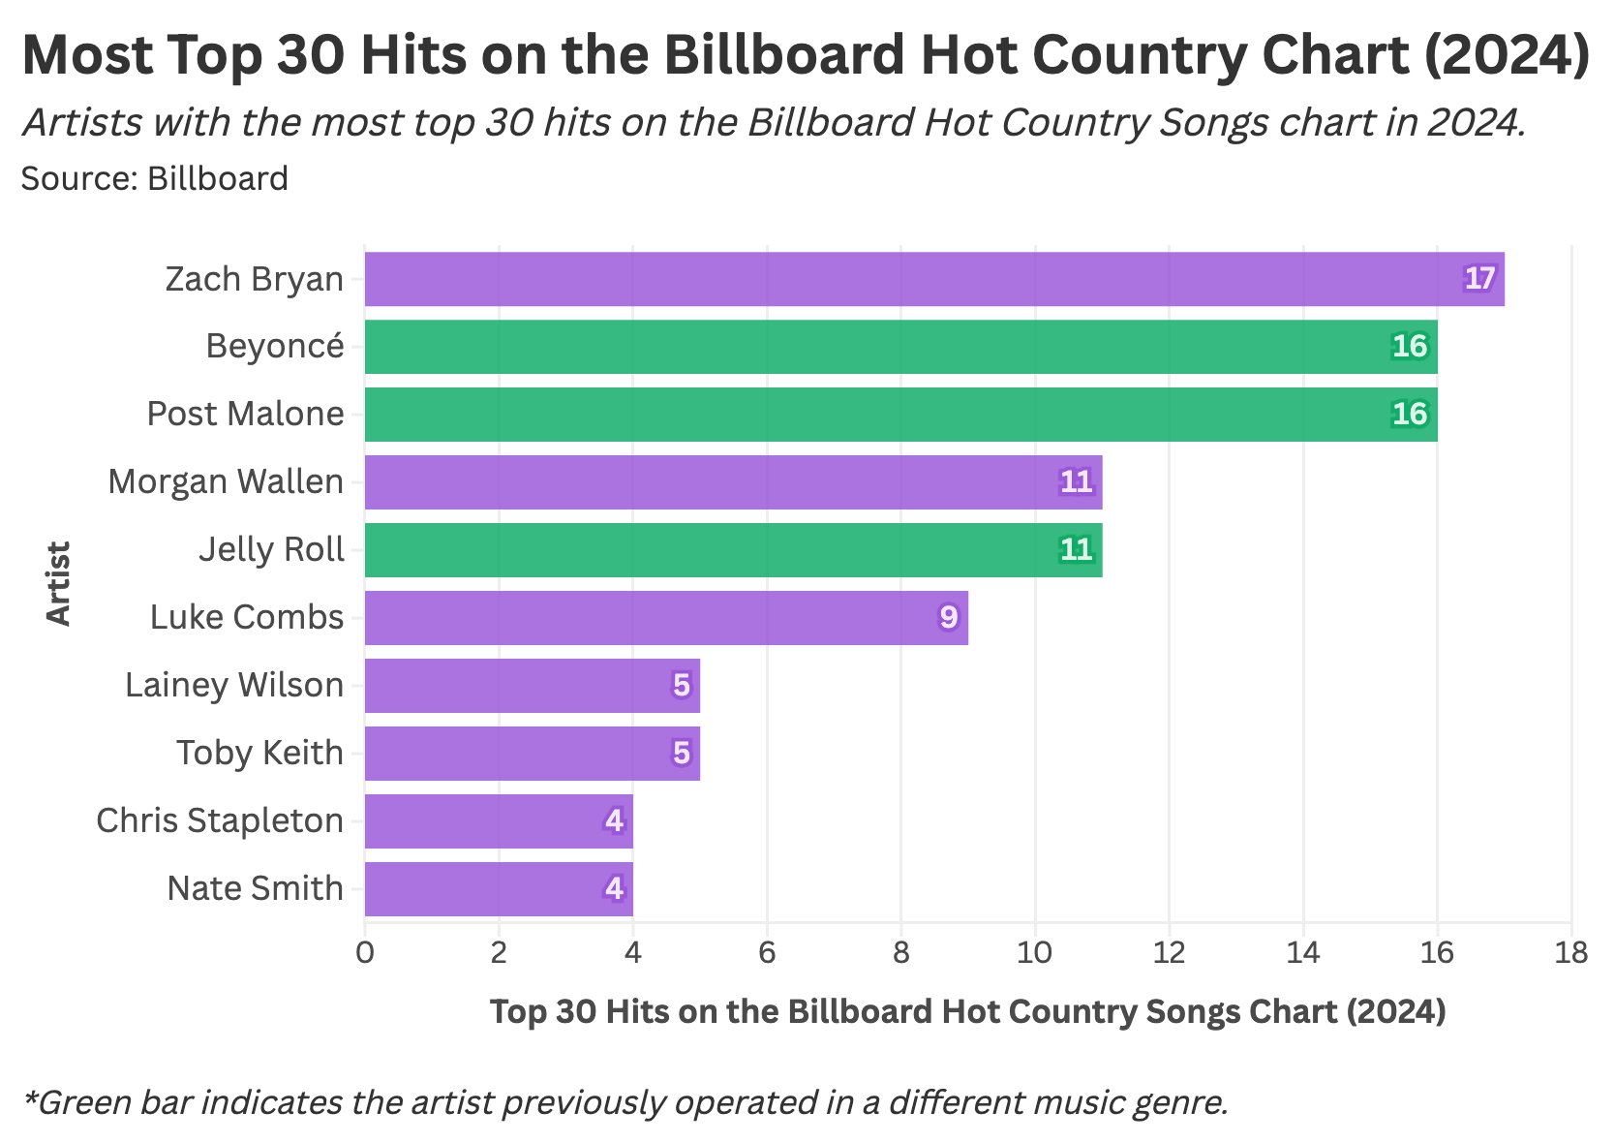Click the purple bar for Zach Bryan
coord(933,279)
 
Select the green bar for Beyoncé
coord(900,347)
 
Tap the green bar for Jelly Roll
coord(733,550)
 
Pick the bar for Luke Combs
coord(666,618)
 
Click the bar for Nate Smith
coord(499,889)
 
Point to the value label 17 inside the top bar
coord(1479,279)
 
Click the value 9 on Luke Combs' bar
coord(948,618)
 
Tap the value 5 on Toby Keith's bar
coord(682,754)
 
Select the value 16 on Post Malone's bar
coord(1410,415)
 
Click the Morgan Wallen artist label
coord(226,481)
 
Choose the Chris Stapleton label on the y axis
coord(220,820)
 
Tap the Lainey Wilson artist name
coord(234,685)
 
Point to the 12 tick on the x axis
coord(1169,954)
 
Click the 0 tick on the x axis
coord(365,954)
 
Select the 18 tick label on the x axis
coord(1570,954)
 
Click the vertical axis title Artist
coord(60,584)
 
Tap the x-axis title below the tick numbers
coord(967,1011)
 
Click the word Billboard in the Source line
coord(217,179)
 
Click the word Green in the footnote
coord(86,1102)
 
